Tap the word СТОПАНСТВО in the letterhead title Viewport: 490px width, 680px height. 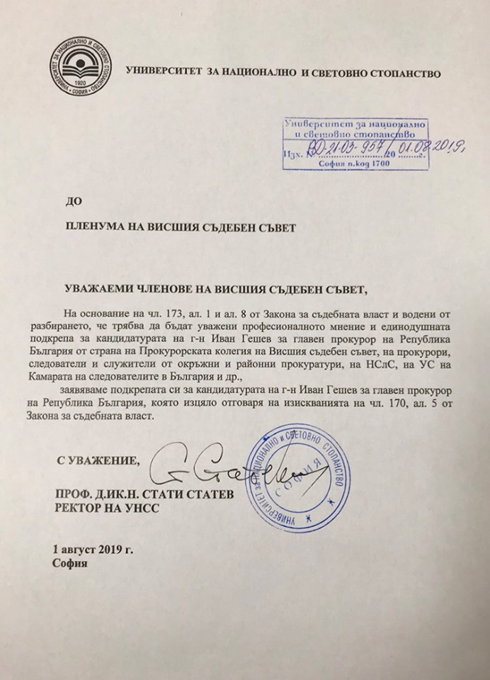pos(404,72)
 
